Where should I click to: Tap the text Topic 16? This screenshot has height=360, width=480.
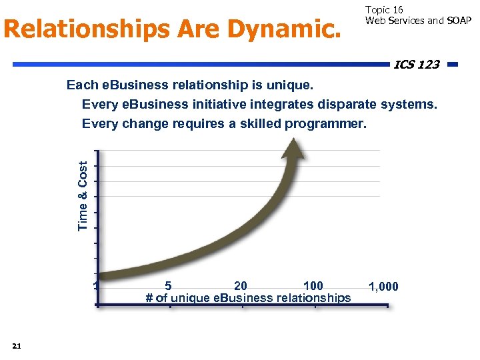(384, 10)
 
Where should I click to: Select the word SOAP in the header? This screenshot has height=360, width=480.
(458, 21)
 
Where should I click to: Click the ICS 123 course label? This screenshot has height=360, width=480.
(417, 65)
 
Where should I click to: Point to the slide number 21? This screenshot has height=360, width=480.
(17, 345)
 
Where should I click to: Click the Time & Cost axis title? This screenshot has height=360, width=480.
(83, 196)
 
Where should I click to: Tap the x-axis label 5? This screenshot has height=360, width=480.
(168, 286)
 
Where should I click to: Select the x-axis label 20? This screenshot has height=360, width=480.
(241, 286)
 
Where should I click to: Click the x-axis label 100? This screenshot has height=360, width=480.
(313, 286)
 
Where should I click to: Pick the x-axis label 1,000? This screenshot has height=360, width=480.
(383, 287)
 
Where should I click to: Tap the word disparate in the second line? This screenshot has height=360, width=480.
(351, 105)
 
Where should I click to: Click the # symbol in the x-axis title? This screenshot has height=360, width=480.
(149, 298)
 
